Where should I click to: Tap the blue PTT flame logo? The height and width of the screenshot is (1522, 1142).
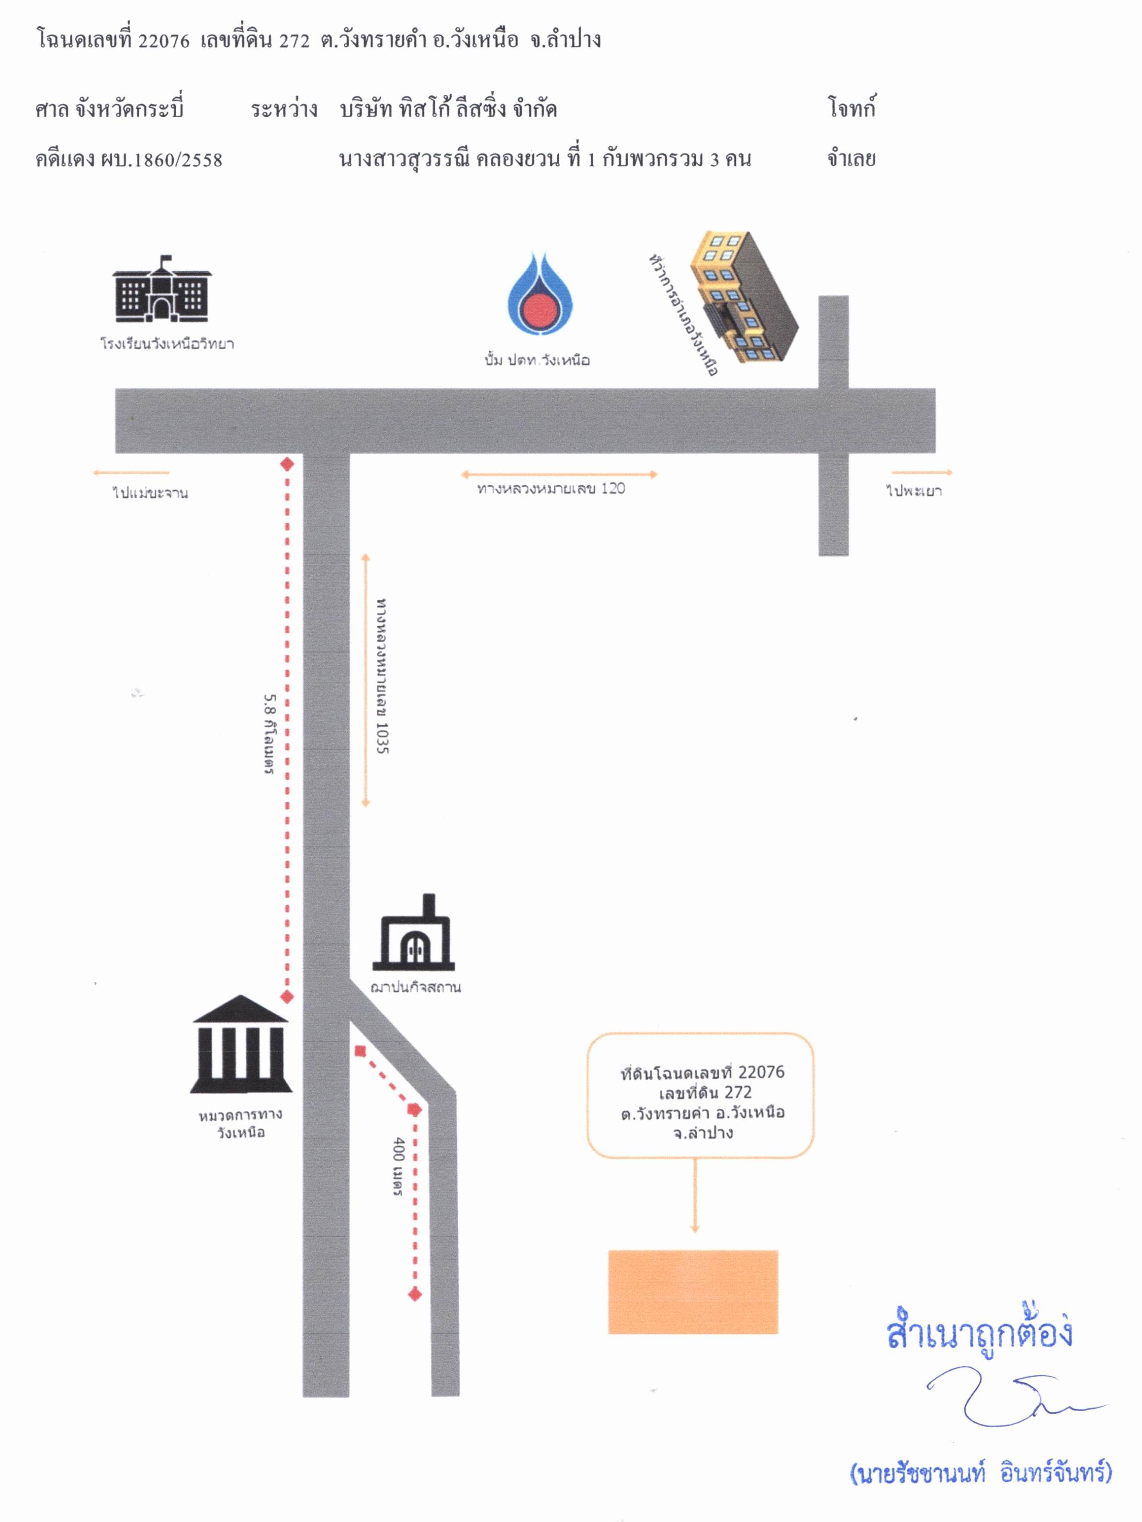(541, 294)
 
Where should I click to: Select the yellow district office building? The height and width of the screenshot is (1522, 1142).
(744, 297)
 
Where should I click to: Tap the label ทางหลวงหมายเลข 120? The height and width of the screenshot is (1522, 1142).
(551, 489)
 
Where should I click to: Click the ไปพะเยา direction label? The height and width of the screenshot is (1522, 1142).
(914, 491)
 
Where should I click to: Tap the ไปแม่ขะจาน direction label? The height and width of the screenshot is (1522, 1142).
(150, 492)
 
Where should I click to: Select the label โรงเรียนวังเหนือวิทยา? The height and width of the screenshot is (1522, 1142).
(167, 343)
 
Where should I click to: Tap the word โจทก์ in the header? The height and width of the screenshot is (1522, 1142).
(851, 109)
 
